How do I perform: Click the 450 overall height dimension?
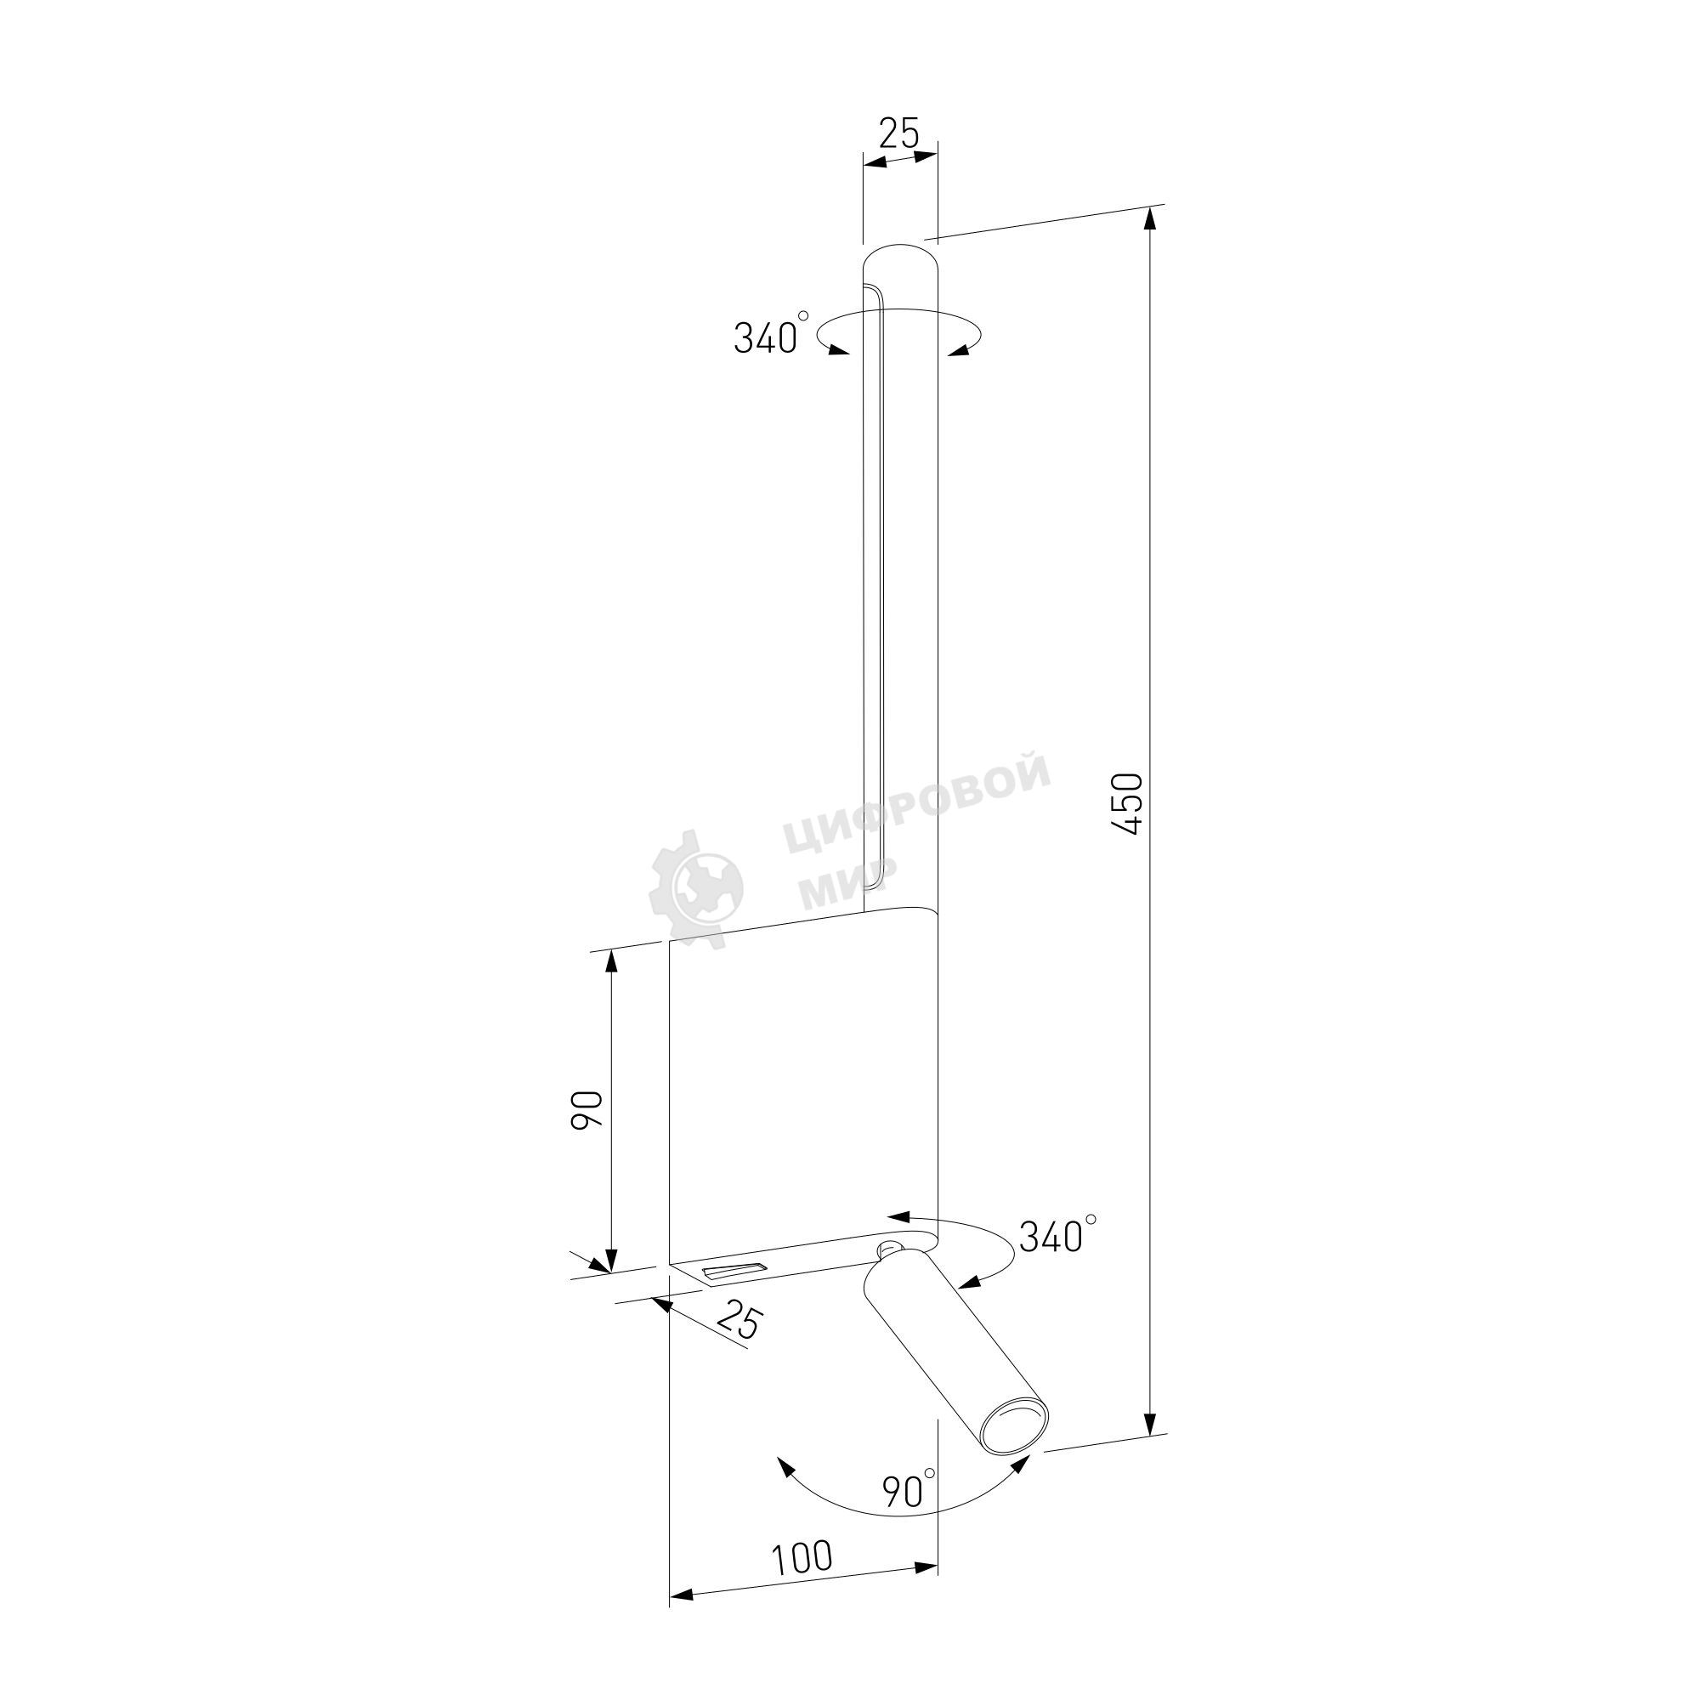point(1127,803)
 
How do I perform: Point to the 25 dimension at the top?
point(899,133)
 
